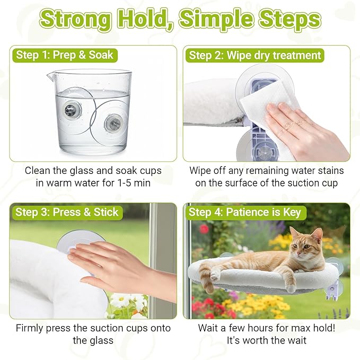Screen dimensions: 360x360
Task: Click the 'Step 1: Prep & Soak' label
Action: coord(64,55)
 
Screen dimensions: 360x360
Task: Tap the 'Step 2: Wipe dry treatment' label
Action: coord(254,55)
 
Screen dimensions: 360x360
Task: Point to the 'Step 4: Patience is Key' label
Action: coord(244,213)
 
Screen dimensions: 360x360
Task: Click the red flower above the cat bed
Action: coord(204,229)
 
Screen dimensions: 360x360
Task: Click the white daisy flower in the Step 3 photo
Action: coord(120,301)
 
